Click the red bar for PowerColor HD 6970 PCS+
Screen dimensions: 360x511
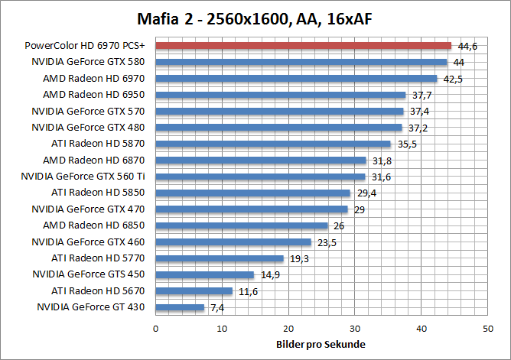click(x=303, y=46)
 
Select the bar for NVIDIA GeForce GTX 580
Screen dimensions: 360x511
click(x=301, y=62)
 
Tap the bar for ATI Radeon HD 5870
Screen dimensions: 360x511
click(x=273, y=144)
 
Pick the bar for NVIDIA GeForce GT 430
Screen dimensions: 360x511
click(x=180, y=307)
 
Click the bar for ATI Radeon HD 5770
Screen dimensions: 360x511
click(x=220, y=258)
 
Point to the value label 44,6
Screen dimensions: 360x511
click(x=467, y=47)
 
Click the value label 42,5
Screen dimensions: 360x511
click(x=453, y=79)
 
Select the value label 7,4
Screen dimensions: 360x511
click(x=218, y=308)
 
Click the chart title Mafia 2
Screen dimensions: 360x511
click(x=255, y=18)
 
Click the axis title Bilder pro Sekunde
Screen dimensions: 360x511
click(x=321, y=344)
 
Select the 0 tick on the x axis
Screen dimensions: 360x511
click(x=155, y=328)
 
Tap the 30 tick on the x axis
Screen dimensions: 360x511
click(x=354, y=328)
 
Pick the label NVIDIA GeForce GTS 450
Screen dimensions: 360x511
click(x=88, y=274)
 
